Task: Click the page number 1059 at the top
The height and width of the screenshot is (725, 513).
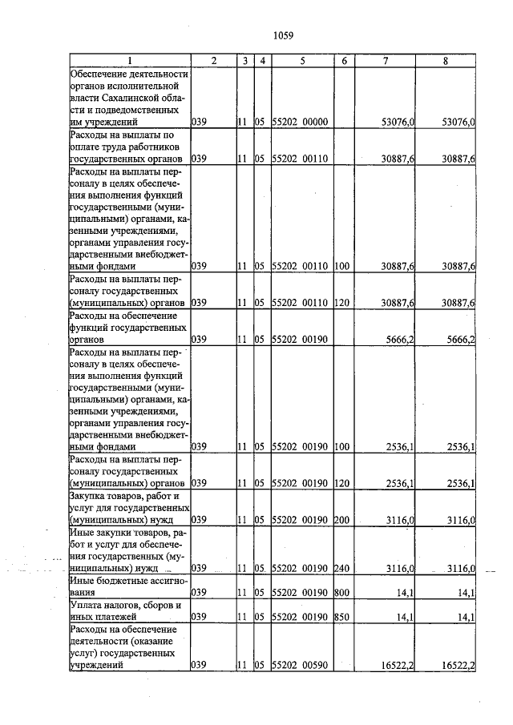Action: [283, 34]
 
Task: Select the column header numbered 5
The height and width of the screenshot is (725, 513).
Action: [301, 61]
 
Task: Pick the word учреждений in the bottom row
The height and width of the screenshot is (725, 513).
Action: [96, 665]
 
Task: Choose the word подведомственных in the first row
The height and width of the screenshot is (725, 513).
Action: [141, 110]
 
